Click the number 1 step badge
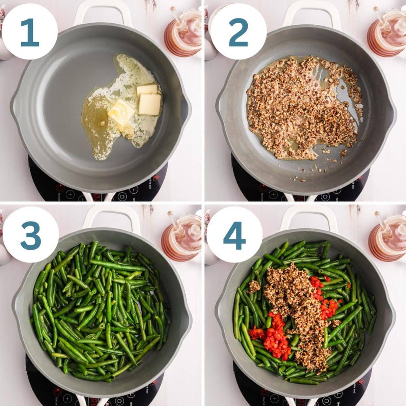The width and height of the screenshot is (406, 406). [x=29, y=32]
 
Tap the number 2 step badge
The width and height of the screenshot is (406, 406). [x=238, y=32]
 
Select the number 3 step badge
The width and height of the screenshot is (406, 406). [x=30, y=235]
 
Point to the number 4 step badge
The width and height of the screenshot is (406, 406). [x=234, y=235]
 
